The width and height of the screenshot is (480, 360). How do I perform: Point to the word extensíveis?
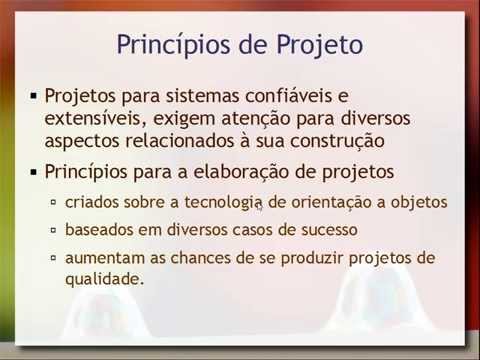(96, 119)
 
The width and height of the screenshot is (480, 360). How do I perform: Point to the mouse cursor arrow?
(260, 207)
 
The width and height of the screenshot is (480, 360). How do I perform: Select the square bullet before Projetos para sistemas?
(34, 96)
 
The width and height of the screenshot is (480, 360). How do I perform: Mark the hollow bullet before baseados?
(55, 230)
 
